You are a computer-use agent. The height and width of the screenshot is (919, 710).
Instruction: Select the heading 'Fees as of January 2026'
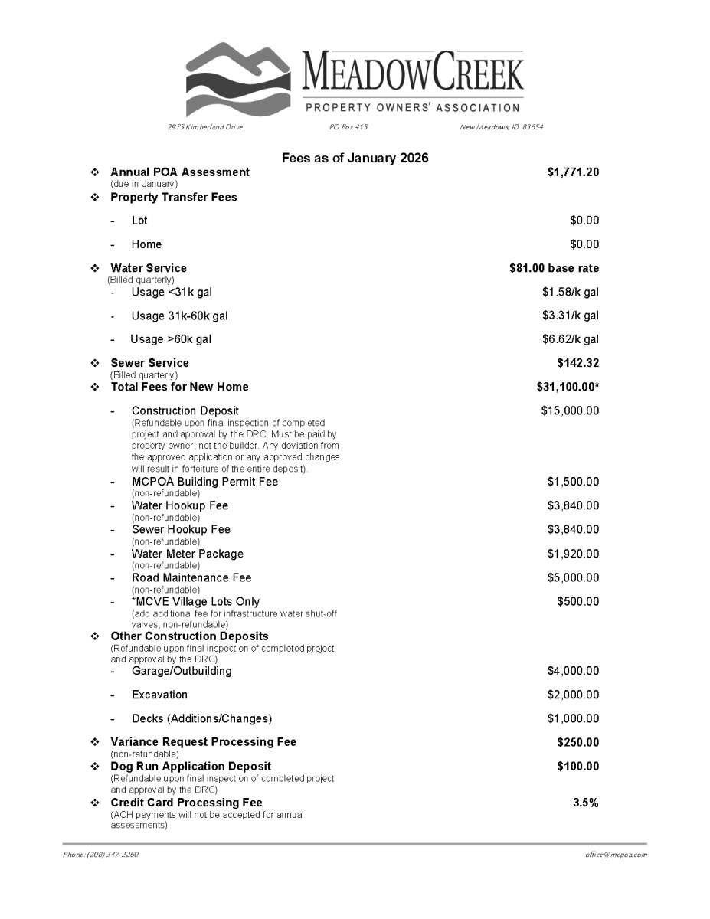coord(355,158)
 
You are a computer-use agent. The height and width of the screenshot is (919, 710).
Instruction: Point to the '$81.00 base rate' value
coord(554,268)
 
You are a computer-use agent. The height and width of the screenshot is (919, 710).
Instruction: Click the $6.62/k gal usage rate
coord(570,339)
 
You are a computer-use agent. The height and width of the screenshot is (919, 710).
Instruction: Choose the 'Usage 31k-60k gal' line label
coord(179,316)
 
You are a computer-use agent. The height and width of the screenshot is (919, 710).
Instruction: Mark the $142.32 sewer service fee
coord(577,363)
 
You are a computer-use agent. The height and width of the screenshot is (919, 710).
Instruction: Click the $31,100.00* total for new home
coord(568,387)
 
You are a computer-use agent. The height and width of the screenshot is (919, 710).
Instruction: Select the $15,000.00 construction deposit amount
coord(570,410)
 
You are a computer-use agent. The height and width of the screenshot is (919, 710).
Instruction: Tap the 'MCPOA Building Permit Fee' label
coord(204,482)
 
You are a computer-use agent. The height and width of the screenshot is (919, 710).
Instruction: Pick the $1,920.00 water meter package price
coord(573,554)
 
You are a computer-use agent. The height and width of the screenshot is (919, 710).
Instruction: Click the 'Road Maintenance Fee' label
coord(191,577)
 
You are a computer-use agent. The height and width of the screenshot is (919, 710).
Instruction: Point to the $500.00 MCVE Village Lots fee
coord(577,601)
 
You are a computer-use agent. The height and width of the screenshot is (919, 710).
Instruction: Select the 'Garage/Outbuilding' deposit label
coord(182,671)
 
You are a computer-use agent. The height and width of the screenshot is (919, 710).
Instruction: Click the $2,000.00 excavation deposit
coord(573,695)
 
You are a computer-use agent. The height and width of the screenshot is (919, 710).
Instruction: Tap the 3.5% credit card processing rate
coord(586,803)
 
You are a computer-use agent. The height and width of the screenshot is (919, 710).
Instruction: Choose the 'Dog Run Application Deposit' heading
coord(191,766)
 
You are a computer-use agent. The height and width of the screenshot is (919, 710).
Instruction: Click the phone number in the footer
coord(100,855)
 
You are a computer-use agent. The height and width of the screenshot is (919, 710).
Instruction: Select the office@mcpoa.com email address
coord(611,855)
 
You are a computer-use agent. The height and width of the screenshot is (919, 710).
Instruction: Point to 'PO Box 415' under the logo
coord(348,127)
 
